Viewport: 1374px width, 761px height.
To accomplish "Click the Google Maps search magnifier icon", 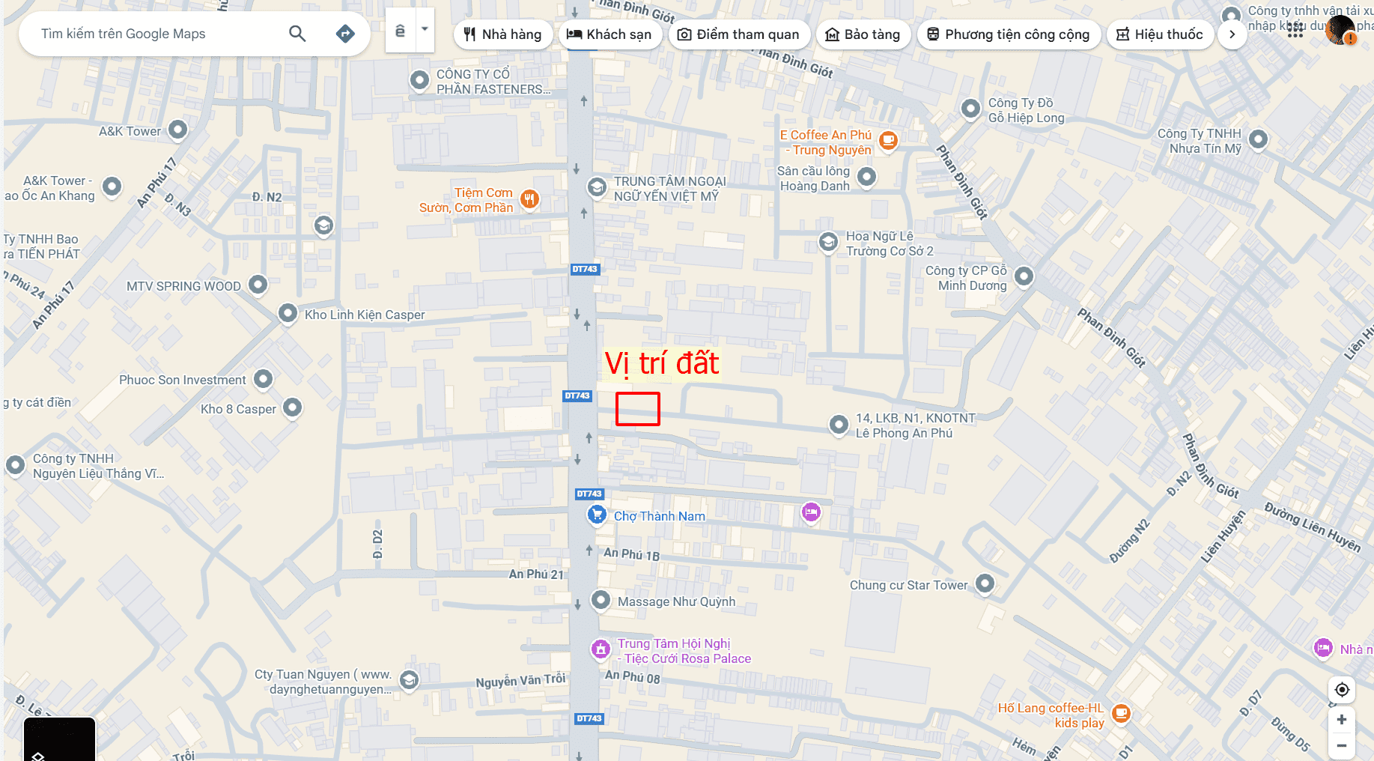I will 297,34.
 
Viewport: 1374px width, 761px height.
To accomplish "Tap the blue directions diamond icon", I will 345,34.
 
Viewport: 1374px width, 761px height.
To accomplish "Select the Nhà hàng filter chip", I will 502,34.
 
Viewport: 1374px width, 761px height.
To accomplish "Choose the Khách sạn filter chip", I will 610,34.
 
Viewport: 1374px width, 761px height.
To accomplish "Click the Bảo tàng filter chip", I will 863,34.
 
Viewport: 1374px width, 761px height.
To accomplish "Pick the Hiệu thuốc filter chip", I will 1159,34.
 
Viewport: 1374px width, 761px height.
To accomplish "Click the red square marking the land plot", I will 637,409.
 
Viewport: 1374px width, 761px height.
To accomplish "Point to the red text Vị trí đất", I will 662,363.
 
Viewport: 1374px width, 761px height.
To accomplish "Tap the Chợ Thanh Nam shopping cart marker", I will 597,515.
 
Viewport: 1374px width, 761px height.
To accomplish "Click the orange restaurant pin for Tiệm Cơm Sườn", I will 529,199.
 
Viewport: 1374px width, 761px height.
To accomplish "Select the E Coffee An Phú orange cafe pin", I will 888,140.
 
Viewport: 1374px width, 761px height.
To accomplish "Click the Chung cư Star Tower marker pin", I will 985,583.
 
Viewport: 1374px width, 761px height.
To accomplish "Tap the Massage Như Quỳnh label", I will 676,601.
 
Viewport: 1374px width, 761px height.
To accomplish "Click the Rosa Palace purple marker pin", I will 601,649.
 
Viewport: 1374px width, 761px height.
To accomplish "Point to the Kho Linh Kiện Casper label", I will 365,315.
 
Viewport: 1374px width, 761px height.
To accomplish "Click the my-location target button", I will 1342,689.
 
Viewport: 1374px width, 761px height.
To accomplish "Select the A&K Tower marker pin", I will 177,130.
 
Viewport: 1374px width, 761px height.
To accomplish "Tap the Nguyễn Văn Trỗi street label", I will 520,681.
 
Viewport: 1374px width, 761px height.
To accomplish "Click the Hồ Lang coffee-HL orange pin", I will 1121,713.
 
